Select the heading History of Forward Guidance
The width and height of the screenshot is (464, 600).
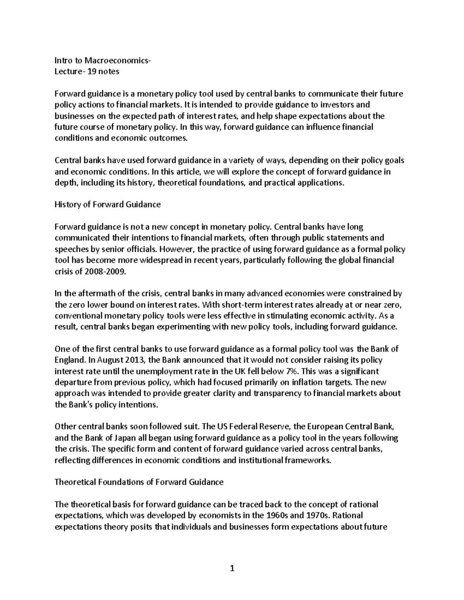pyautogui.click(x=107, y=205)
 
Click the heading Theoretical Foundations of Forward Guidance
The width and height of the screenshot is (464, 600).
pyautogui.click(x=139, y=482)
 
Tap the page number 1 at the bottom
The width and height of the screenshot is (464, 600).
pyautogui.click(x=232, y=568)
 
